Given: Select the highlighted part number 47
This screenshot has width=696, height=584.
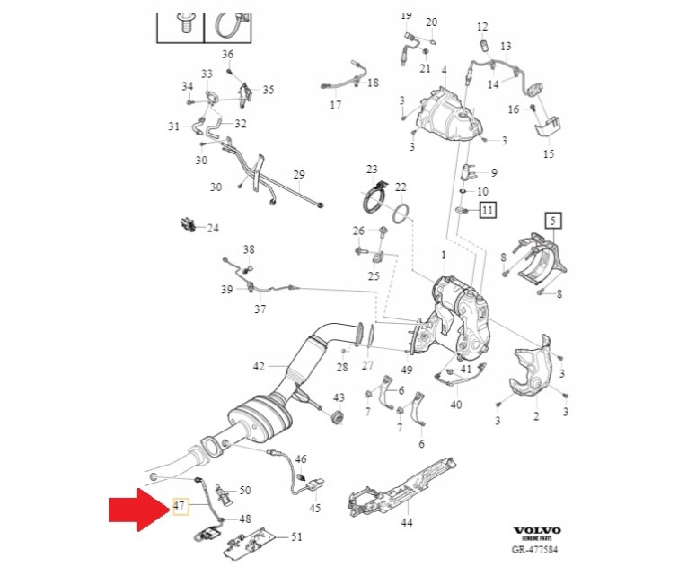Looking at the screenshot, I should (x=180, y=507).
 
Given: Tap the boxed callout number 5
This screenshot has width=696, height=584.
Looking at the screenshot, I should (x=553, y=220).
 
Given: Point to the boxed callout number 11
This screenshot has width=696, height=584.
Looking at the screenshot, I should (x=487, y=211).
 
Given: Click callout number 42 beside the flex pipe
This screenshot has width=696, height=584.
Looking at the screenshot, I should (x=259, y=366).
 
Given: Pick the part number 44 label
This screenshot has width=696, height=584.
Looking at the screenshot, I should (x=407, y=522).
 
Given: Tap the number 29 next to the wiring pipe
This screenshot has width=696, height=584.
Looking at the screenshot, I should (x=299, y=175).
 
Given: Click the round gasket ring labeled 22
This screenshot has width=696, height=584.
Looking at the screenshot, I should (x=402, y=214).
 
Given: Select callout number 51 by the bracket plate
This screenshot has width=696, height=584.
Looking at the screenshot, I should (x=296, y=536).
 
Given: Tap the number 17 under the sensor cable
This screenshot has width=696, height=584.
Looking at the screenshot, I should (x=336, y=105).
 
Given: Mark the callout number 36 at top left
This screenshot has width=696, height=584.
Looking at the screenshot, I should (x=227, y=54).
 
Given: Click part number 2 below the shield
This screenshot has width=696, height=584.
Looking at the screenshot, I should (x=536, y=417).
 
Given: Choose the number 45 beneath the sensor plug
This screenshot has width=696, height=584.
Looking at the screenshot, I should (x=314, y=509).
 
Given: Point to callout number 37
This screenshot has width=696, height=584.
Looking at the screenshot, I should (x=260, y=309).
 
